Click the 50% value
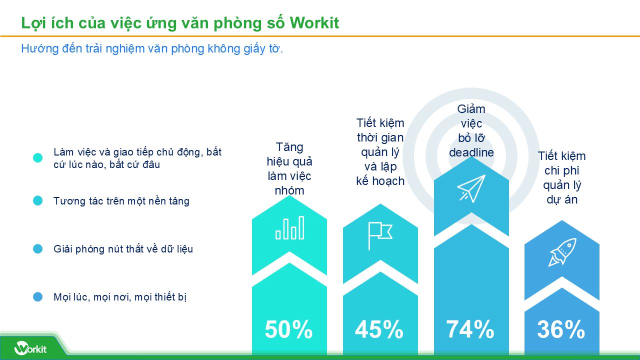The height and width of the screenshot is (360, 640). point(288,329)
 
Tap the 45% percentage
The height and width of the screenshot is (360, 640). point(379,329)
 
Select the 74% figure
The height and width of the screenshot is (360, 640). point(470,329)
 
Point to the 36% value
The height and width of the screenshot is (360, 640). point(561,329)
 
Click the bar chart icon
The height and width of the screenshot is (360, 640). point(289,228)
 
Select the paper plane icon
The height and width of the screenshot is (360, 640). point(471,188)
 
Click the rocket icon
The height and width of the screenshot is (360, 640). point(562,252)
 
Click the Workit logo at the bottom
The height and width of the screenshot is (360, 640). point(30,347)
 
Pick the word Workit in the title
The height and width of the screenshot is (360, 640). point(314,23)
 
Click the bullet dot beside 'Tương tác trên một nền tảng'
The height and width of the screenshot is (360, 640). point(38,201)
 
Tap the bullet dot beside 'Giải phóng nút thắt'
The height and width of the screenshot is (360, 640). point(38,249)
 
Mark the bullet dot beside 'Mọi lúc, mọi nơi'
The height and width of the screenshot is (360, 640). point(38,297)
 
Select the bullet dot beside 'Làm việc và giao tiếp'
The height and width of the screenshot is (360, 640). point(38,158)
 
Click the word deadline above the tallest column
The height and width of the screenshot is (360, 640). point(471,152)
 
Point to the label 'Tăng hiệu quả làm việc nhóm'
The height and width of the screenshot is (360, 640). point(289,168)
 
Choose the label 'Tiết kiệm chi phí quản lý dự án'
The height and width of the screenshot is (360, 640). point(562,177)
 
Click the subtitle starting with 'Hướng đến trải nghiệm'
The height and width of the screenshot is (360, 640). point(152,49)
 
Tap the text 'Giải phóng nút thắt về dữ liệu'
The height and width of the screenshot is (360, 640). point(123,249)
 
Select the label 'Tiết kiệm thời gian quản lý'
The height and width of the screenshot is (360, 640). point(380,152)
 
